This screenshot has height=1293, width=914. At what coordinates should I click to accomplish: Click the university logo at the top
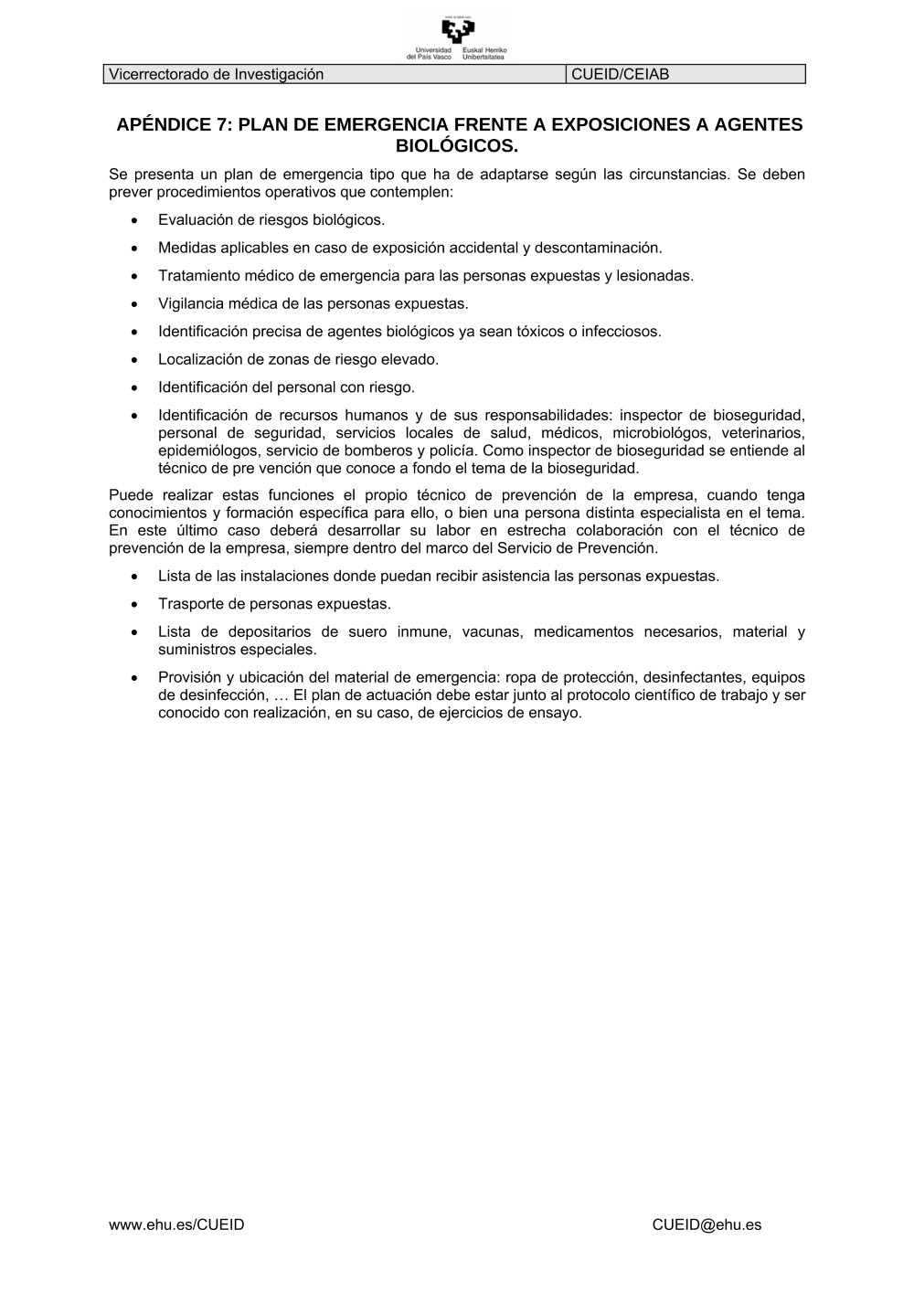[457, 37]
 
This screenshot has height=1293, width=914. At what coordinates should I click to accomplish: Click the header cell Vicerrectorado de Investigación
[216, 74]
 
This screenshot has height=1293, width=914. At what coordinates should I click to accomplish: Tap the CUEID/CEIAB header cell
[620, 74]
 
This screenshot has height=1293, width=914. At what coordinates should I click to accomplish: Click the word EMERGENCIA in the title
[380, 124]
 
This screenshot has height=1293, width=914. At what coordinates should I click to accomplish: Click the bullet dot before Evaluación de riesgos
[135, 220]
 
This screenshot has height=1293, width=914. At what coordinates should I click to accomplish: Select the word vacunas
[492, 631]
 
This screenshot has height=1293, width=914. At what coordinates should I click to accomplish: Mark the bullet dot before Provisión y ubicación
[135, 678]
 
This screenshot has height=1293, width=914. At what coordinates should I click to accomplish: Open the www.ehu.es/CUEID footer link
[176, 1224]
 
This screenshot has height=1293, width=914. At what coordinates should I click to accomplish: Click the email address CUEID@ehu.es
[707, 1224]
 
